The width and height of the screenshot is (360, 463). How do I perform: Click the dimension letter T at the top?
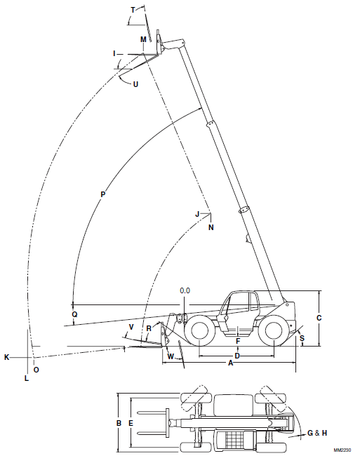pyautogui.click(x=133, y=9)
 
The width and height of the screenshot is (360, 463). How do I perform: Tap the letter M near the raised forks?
pyautogui.click(x=143, y=40)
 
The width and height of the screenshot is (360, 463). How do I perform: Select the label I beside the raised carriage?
pyautogui.click(x=114, y=53)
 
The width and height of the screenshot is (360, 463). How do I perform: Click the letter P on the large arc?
pyautogui.click(x=102, y=193)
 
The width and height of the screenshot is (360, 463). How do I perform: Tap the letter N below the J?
pyautogui.click(x=210, y=227)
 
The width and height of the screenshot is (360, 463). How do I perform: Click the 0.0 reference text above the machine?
pyautogui.click(x=185, y=290)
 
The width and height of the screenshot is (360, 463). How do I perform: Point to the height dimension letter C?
pyautogui.click(x=319, y=317)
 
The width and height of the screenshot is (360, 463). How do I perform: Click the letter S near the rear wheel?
pyautogui.click(x=302, y=338)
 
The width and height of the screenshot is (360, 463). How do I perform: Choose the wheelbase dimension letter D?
pyautogui.click(x=237, y=356)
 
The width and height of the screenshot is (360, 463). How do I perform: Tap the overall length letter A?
pyautogui.click(x=230, y=363)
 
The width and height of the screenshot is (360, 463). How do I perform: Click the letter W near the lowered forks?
pyautogui.click(x=171, y=356)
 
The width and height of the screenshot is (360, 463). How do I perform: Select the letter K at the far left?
pyautogui.click(x=7, y=357)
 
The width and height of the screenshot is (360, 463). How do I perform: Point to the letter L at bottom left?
pyautogui.click(x=26, y=378)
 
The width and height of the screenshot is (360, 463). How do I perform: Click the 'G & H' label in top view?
pyautogui.click(x=317, y=434)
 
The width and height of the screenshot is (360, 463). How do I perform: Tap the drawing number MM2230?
pyautogui.click(x=342, y=450)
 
